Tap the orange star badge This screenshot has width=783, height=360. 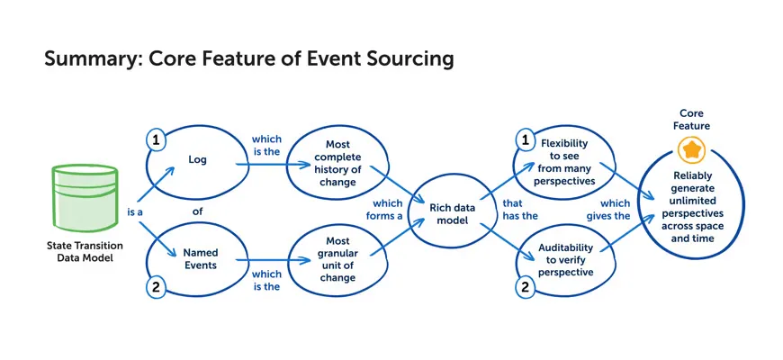(691, 149)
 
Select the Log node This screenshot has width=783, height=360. (196, 160)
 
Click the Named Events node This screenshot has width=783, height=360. (198, 259)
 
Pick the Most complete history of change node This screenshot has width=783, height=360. (337, 163)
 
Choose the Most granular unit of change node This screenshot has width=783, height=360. (337, 259)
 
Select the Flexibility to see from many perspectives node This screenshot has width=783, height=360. (564, 162)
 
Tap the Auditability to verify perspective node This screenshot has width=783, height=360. (565, 259)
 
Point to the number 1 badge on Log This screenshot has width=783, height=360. (157, 141)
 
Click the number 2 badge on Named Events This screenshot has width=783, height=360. (156, 287)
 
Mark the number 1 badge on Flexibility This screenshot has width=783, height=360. (525, 141)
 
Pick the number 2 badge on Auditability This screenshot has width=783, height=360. (525, 287)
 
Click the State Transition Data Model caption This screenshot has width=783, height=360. (85, 252)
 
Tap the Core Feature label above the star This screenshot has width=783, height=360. (691, 120)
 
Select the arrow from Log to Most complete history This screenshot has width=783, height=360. (273, 164)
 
